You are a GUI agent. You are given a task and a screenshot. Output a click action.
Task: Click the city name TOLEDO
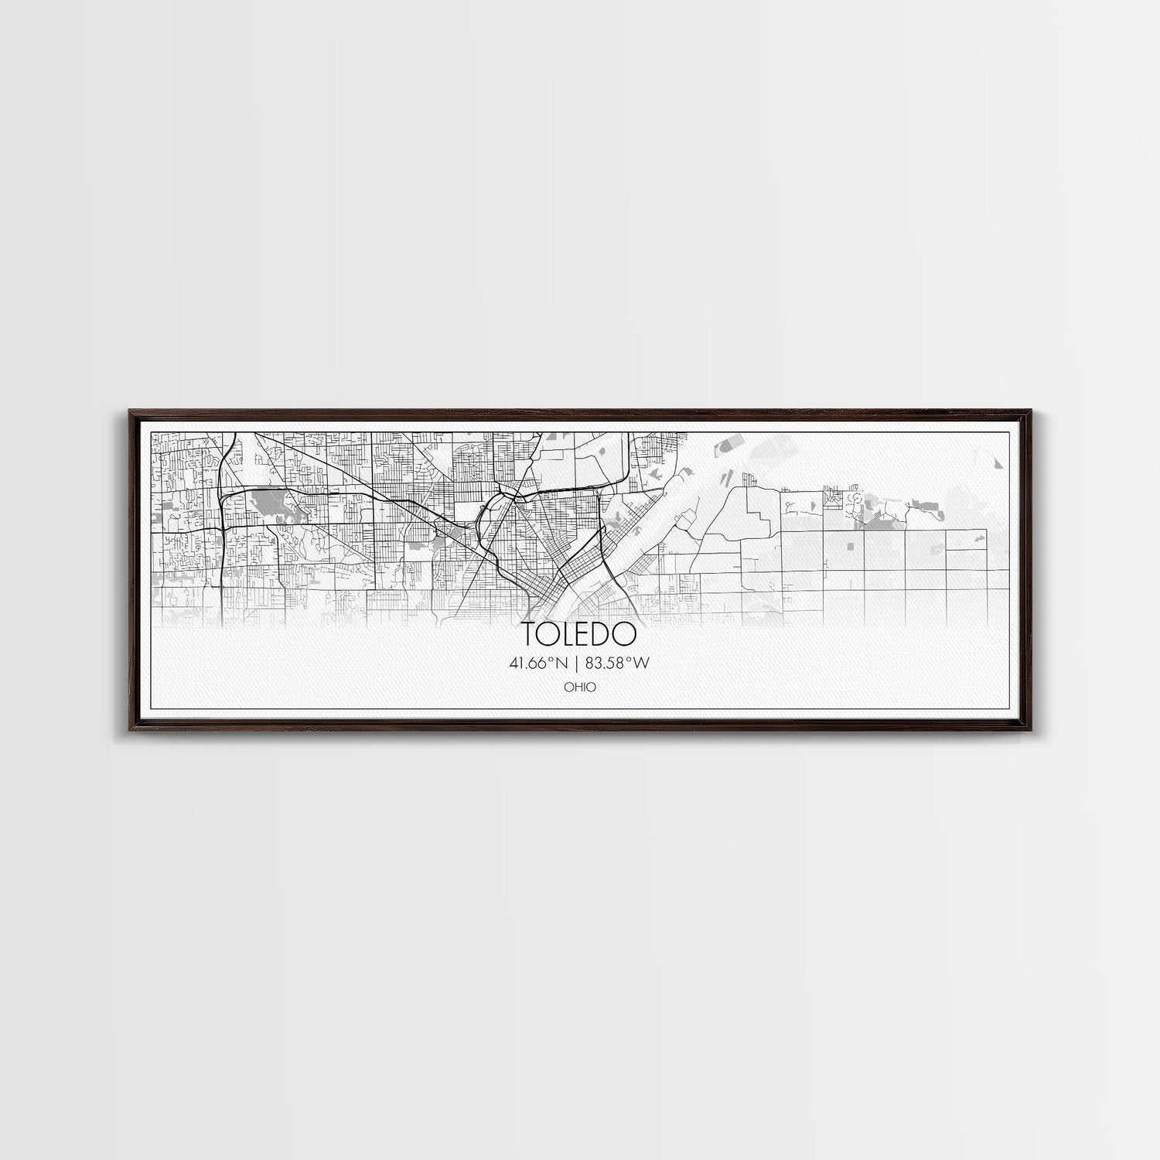tap(580, 633)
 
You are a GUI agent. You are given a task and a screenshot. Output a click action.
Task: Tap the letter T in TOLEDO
tap(531, 633)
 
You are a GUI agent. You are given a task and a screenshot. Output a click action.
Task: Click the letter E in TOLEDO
tap(586, 633)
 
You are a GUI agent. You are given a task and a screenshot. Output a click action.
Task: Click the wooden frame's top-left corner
tap(125, 410)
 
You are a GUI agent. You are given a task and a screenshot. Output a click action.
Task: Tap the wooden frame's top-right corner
tap(1034, 410)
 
